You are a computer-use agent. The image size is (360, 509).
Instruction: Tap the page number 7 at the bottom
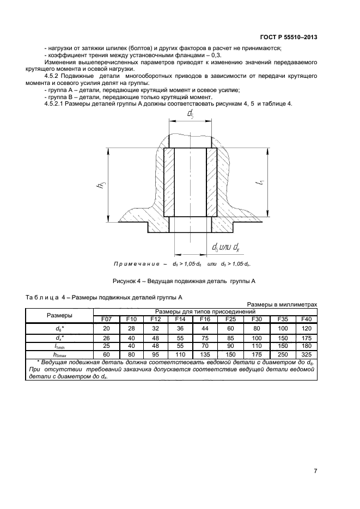point(315,471)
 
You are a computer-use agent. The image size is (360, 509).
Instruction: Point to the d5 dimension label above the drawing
point(190,114)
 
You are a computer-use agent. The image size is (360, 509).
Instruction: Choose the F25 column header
point(230,318)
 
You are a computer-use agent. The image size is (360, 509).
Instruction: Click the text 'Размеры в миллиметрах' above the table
point(282,304)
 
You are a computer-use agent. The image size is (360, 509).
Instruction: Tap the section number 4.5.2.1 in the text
point(56,103)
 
